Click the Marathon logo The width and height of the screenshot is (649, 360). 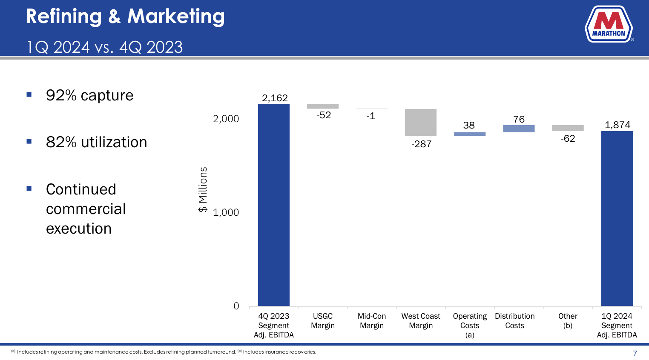point(609,24)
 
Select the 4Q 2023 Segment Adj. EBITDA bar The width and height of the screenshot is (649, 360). point(273,205)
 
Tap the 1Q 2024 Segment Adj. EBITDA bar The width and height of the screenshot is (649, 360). point(617,218)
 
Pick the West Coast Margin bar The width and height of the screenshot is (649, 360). point(420,122)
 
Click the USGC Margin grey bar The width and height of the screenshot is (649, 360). point(322,106)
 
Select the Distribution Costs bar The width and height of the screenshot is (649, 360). point(518,129)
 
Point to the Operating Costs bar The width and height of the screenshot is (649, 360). point(469,134)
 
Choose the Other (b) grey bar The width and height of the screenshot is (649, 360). point(568,128)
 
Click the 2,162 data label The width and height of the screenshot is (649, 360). point(275,98)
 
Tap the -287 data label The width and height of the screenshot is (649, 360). point(421,144)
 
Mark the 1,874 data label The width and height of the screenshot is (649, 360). point(617,125)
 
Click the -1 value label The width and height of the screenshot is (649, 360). point(371,116)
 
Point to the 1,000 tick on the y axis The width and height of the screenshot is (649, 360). point(226,212)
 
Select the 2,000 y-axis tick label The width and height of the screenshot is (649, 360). point(226,119)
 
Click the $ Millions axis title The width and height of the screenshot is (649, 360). point(203,189)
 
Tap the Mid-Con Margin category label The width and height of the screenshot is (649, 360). point(371,321)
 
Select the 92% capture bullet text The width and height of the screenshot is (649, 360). point(89,95)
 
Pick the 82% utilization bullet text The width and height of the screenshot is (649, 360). point(96,142)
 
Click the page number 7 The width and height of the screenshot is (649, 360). point(635,353)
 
